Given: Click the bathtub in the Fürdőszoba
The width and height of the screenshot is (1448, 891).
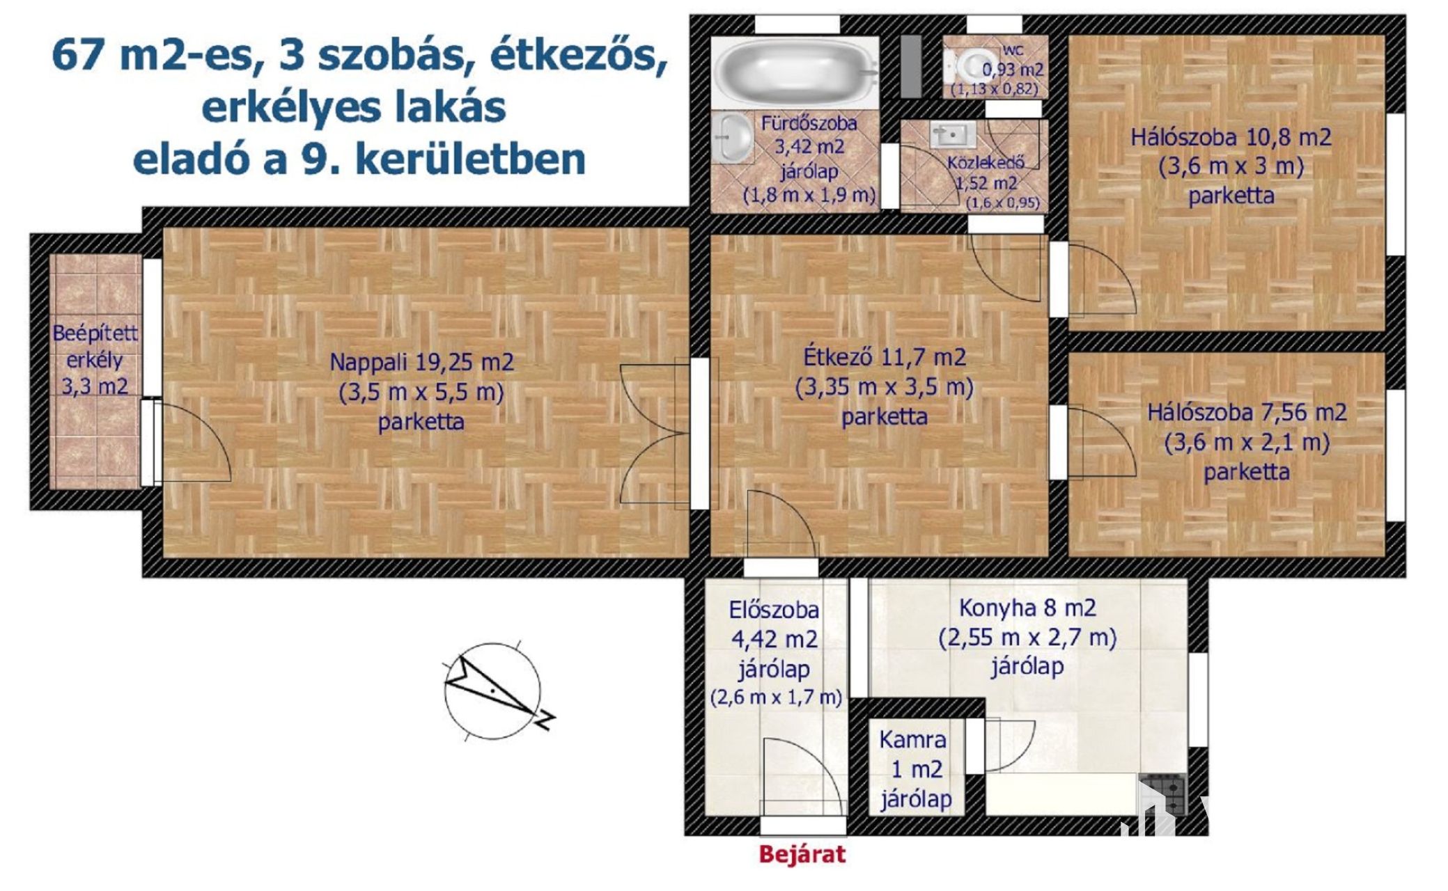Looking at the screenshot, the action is click(x=797, y=72).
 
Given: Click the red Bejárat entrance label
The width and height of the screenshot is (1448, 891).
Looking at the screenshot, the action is click(x=802, y=854).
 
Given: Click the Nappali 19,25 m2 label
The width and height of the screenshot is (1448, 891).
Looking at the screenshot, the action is click(x=421, y=362).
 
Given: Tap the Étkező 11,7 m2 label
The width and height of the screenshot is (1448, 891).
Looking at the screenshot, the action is click(x=885, y=357).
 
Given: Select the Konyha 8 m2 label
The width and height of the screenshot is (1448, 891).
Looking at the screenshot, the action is click(x=1027, y=608).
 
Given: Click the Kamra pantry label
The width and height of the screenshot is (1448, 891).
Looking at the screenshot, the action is click(x=912, y=739).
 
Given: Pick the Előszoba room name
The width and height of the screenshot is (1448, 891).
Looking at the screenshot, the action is click(x=774, y=610).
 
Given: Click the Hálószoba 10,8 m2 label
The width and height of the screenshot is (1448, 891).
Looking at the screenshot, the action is click(x=1231, y=136).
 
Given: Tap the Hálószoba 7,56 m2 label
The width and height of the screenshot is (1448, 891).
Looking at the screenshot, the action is click(x=1247, y=412).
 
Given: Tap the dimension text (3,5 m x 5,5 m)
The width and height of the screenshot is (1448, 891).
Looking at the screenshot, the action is click(x=421, y=393).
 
